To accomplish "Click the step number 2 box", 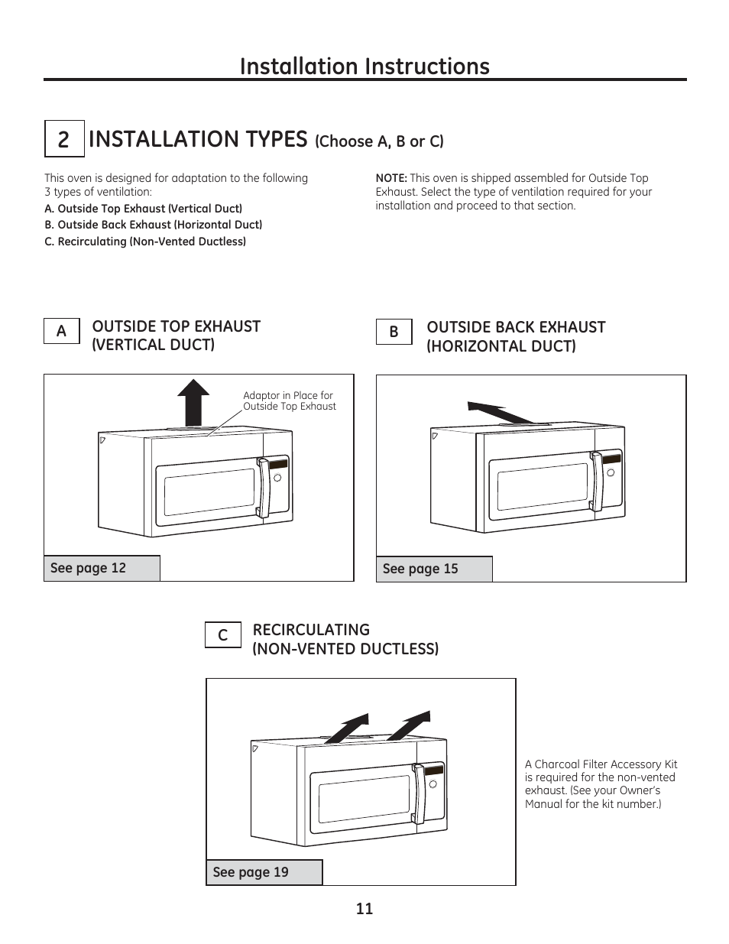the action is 63,139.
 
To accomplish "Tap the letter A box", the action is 61,331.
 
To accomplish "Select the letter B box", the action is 394,332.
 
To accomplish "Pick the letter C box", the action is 222,635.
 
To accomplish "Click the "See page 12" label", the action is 88,568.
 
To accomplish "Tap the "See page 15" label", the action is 420,569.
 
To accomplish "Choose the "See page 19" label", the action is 251,872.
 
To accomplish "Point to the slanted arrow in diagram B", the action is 498,411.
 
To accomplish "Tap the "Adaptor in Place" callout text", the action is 289,401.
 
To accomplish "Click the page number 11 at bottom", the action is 364,908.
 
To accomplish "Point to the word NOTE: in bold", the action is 390,178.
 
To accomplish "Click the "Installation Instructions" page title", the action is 364,67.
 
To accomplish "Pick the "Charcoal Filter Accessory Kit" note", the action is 601,783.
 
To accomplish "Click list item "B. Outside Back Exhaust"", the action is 153,225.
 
